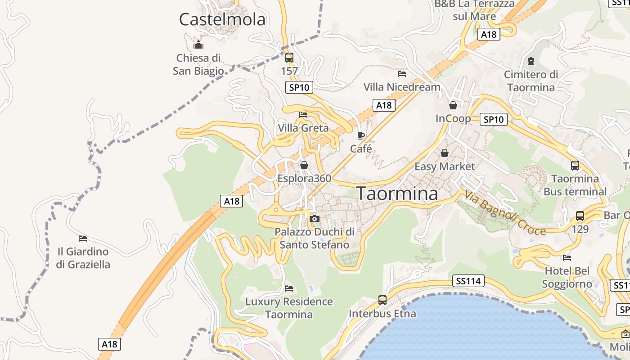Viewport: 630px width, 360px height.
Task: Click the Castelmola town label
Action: tap(222, 20)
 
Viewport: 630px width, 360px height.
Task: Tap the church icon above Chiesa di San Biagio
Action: tap(198, 45)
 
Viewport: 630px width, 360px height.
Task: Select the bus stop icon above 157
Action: tap(289, 58)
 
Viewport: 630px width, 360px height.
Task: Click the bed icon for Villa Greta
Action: tap(303, 115)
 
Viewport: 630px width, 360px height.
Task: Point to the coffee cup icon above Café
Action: tap(360, 135)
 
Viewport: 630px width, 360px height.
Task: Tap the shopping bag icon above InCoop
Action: tap(453, 105)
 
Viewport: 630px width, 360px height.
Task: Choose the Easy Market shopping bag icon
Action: tap(445, 153)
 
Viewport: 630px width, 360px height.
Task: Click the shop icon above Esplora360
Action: tap(304, 165)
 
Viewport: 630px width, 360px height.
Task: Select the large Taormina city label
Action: tap(397, 193)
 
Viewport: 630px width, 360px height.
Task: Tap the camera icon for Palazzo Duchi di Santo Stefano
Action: tap(315, 219)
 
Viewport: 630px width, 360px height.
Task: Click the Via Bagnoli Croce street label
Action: tap(505, 214)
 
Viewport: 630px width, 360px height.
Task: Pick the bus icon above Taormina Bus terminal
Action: tap(575, 165)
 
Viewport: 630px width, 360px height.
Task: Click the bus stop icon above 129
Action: tap(580, 216)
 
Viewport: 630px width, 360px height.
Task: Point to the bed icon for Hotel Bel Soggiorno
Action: tap(567, 258)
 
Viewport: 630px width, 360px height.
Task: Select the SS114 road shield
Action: tap(468, 281)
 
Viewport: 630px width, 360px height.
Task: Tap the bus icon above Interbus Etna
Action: tap(382, 300)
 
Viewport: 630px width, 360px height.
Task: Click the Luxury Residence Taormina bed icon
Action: tap(289, 288)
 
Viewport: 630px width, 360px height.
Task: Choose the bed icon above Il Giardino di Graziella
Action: tap(83, 238)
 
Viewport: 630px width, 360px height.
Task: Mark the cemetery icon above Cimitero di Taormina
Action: tap(531, 61)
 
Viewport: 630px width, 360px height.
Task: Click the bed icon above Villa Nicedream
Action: tap(402, 73)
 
